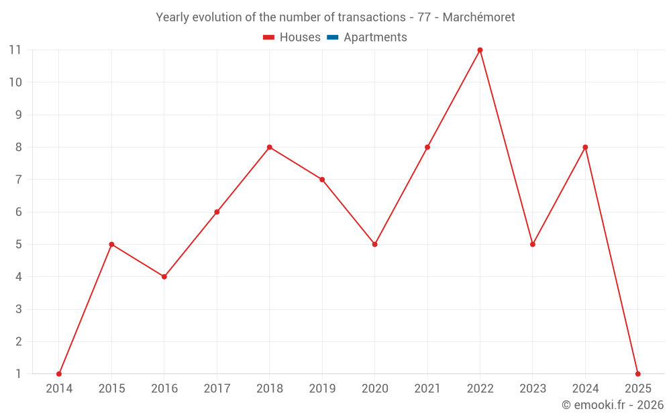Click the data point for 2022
(480, 50)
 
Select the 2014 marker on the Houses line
(59, 373)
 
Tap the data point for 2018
(269, 147)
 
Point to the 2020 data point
(374, 244)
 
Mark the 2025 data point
(637, 373)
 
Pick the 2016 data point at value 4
(164, 276)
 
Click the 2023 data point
(533, 244)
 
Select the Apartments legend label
(375, 38)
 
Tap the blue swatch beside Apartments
(332, 38)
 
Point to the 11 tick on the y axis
(15, 50)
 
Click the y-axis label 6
(18, 212)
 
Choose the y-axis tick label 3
(18, 309)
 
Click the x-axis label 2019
(322, 389)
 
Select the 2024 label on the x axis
(585, 389)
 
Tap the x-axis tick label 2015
(111, 389)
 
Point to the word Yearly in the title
(172, 17)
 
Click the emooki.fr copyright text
(613, 405)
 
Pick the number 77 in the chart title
(424, 17)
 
